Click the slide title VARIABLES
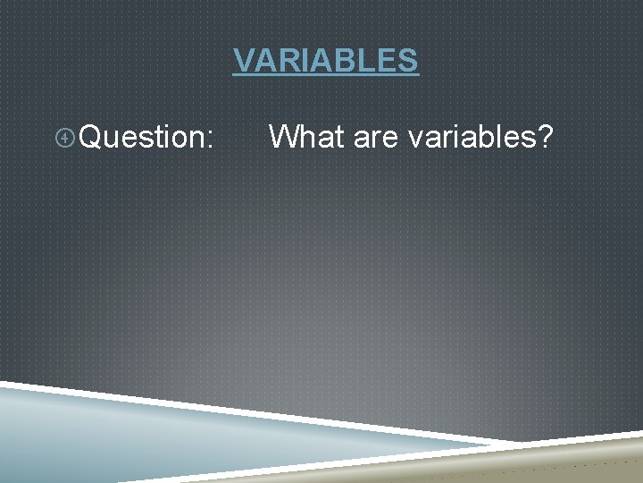pos(325,60)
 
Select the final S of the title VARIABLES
pos(407,60)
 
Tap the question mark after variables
pos(544,137)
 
